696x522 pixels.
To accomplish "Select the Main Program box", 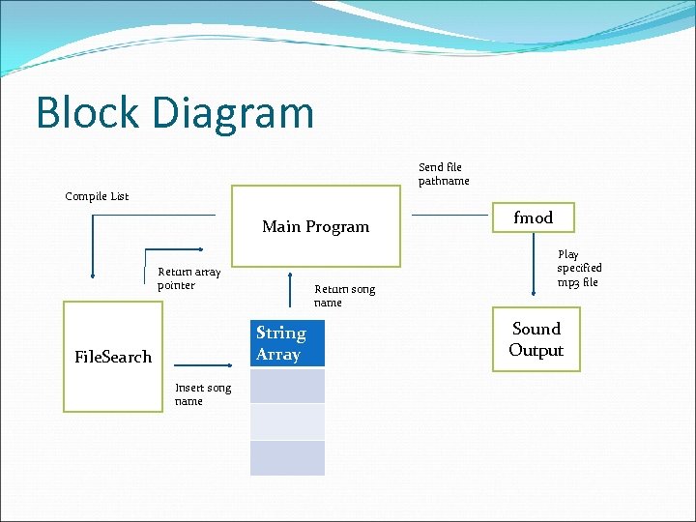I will pyautogui.click(x=315, y=226).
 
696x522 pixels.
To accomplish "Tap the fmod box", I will pyautogui.click(x=533, y=217).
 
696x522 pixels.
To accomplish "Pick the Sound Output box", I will pyautogui.click(x=536, y=340).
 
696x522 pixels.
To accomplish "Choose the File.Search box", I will pyautogui.click(x=113, y=357).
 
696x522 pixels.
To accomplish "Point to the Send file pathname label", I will pyautogui.click(x=444, y=174).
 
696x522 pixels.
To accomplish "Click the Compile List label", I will pyautogui.click(x=97, y=196).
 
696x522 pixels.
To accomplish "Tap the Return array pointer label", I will pyautogui.click(x=188, y=278).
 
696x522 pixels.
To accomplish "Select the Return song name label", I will pyautogui.click(x=344, y=296).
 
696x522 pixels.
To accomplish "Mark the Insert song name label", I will pyautogui.click(x=203, y=394).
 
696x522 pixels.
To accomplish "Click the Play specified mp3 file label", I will pyautogui.click(x=578, y=268).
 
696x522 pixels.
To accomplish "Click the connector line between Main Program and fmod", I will pyautogui.click(x=449, y=215).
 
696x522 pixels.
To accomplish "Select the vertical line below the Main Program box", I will pyautogui.click(x=290, y=289).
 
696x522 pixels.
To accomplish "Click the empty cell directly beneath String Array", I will pyautogui.click(x=287, y=386).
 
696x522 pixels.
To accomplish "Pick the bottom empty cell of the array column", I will pyautogui.click(x=287, y=458).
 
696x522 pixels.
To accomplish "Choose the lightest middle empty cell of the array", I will pyautogui.click(x=287, y=421).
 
